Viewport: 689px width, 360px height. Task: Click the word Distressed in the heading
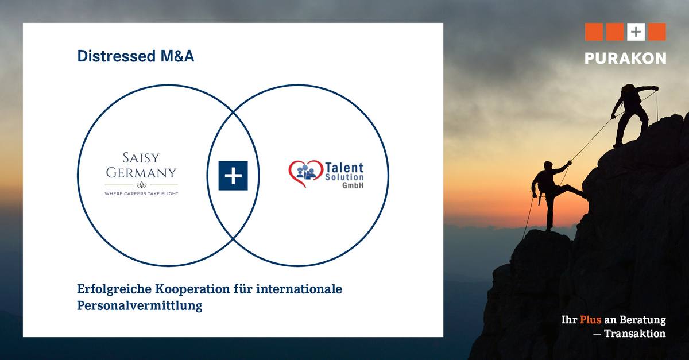[x=117, y=56]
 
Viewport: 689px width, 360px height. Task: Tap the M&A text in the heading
[x=177, y=56]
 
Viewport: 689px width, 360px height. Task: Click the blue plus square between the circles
[x=233, y=176]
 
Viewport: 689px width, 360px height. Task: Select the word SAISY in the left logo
[x=141, y=158]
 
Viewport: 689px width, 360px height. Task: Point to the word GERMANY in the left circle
[x=141, y=173]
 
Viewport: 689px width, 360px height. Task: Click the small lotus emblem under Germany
[x=141, y=185]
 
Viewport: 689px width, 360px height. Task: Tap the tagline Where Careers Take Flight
[x=141, y=193]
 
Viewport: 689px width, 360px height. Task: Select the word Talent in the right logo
[x=344, y=168]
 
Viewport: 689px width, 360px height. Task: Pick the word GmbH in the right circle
[x=353, y=185]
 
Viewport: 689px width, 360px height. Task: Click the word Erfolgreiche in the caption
[x=114, y=290]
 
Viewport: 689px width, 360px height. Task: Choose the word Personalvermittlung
[x=140, y=306]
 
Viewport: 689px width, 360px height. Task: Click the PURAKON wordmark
[x=625, y=58]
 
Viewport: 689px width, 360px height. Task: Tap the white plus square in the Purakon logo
[x=636, y=32]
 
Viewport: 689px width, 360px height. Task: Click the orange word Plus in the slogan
[x=590, y=320]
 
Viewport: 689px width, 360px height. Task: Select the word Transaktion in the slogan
[x=635, y=334]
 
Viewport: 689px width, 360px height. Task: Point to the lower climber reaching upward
[x=553, y=194]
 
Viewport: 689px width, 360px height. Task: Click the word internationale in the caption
[x=299, y=289]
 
